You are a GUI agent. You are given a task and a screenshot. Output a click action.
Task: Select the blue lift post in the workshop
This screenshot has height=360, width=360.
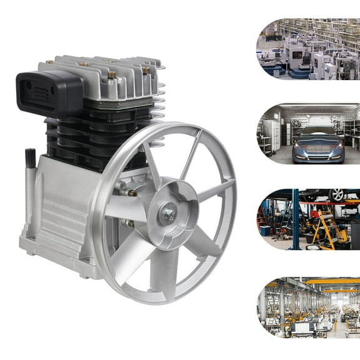point(294,219)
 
